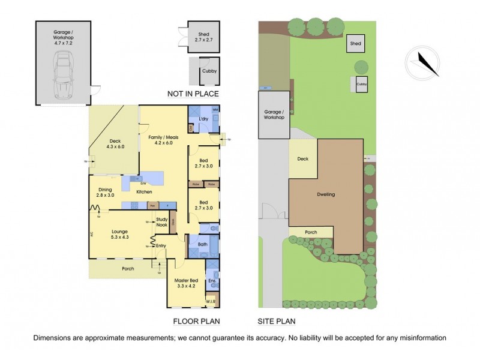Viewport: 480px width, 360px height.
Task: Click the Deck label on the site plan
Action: point(302,159)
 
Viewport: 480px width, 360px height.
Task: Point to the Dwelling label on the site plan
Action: point(326,195)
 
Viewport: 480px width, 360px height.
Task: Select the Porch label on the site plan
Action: point(311,232)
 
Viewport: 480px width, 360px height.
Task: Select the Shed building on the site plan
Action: point(356,44)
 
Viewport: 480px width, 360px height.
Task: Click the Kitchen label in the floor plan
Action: point(143,192)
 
